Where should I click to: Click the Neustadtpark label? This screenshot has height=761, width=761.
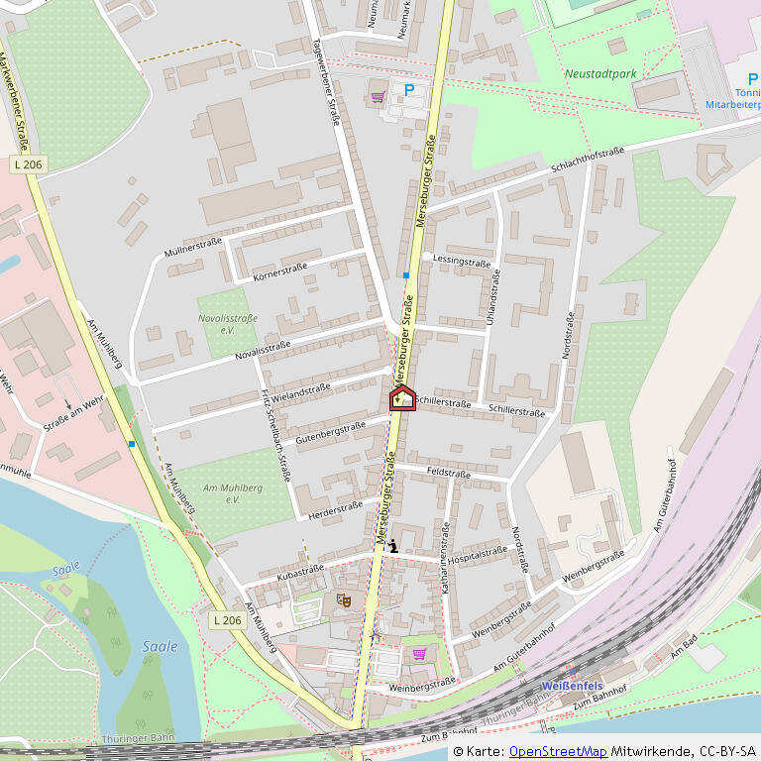click(x=600, y=73)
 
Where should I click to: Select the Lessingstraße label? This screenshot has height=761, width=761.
click(x=462, y=262)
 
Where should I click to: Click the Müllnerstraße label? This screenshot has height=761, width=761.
click(x=193, y=247)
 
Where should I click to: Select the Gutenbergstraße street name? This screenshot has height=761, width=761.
click(x=330, y=428)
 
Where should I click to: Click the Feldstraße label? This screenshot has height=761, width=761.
click(x=448, y=474)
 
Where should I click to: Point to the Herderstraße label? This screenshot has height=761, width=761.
click(x=335, y=507)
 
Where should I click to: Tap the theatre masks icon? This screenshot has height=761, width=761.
click(x=343, y=599)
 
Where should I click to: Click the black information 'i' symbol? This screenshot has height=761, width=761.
click(x=393, y=544)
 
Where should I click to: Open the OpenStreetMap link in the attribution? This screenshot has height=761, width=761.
click(x=558, y=752)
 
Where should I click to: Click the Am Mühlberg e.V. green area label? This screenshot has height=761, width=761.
click(x=222, y=493)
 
